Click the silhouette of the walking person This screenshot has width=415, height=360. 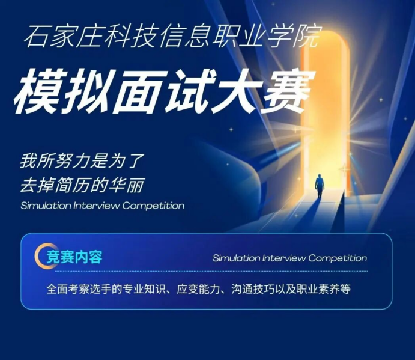[320, 186]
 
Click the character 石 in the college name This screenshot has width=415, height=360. [35, 37]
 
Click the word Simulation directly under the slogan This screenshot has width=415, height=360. [45, 206]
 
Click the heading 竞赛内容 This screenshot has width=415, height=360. [75, 257]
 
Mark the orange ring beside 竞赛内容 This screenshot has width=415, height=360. [43, 256]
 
